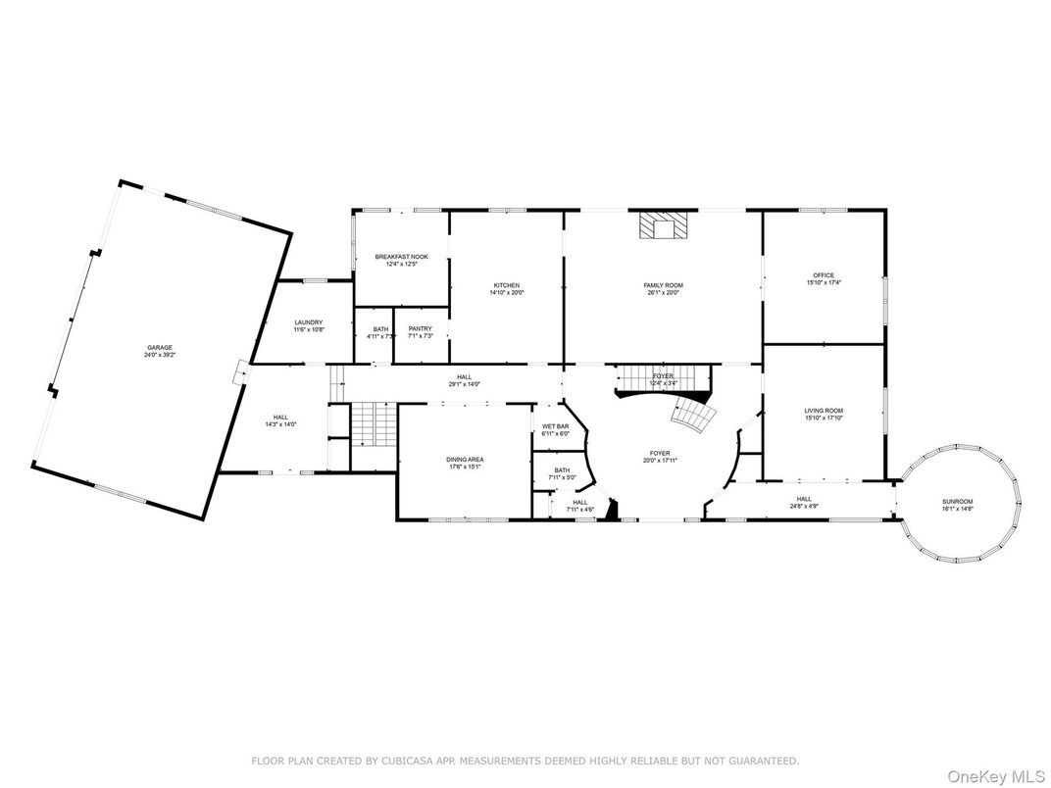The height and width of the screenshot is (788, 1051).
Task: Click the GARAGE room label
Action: (x=160, y=347)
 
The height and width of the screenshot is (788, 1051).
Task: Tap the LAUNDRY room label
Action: (x=308, y=322)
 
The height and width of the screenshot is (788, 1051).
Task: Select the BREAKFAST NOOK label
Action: (x=401, y=257)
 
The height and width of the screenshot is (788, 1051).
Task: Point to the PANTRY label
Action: (x=420, y=329)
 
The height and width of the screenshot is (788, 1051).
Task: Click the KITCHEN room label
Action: (x=506, y=285)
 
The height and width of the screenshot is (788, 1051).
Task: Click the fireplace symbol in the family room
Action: (x=664, y=227)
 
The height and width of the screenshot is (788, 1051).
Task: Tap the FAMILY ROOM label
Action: (x=663, y=285)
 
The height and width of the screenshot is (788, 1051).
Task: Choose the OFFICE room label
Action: (x=823, y=275)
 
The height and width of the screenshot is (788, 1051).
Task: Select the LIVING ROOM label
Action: (x=824, y=411)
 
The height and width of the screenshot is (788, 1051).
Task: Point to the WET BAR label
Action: (x=555, y=426)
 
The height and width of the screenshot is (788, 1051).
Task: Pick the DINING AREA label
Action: (x=465, y=460)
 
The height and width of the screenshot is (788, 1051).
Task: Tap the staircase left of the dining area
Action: (x=374, y=424)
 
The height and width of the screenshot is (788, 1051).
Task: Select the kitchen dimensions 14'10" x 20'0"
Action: (x=506, y=292)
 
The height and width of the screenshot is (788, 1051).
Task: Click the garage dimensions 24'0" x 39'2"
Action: (x=160, y=354)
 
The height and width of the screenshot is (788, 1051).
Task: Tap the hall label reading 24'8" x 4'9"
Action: (x=803, y=506)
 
